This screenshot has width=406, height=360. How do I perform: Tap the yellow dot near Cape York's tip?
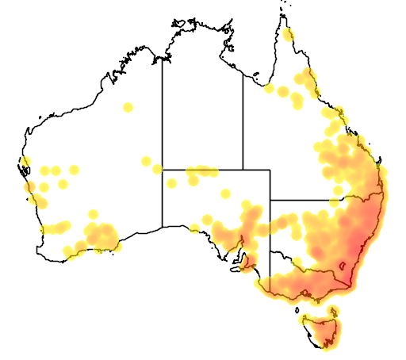coord(288,35)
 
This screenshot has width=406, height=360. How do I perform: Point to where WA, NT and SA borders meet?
coord(163,169)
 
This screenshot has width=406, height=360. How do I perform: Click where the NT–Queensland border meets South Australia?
coord(243,169)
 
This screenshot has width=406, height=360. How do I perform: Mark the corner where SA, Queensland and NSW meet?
coord(270,200)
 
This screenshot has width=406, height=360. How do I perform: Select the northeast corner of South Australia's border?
coord(270,170)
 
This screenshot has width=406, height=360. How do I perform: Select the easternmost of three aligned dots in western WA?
coord(74,169)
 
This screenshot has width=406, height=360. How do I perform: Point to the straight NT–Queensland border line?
coord(243,119)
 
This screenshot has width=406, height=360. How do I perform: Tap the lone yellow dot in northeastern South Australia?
coord(225,193)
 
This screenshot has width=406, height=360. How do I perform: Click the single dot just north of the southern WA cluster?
coord(93,214)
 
